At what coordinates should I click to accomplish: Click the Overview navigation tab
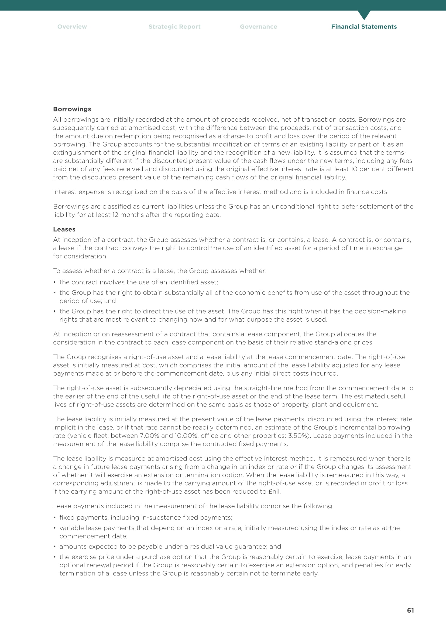click(x=72, y=27)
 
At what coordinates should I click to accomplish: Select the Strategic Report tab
click(x=174, y=27)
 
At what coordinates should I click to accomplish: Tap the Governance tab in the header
click(x=258, y=27)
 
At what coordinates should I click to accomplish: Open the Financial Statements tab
click(x=363, y=27)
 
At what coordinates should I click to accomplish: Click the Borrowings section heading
click(x=72, y=109)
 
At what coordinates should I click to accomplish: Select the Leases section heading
click(x=64, y=229)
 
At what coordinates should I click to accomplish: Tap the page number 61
click(x=410, y=610)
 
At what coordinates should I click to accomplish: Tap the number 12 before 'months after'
click(x=115, y=215)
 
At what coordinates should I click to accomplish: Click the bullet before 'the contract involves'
click(x=55, y=282)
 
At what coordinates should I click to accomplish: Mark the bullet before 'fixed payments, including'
click(x=55, y=517)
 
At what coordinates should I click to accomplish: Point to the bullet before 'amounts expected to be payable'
click(x=55, y=546)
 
